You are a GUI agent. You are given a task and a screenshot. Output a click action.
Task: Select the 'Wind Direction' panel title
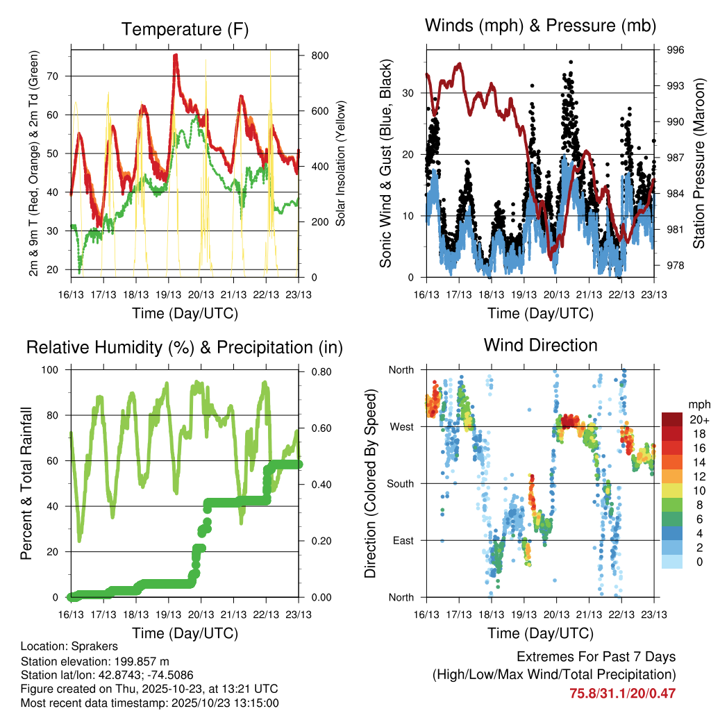coord(540,345)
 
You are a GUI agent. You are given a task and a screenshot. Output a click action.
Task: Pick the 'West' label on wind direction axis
coord(401,426)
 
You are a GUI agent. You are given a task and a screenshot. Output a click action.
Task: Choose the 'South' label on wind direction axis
coord(399,483)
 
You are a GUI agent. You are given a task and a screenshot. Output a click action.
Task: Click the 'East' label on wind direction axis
coord(401,540)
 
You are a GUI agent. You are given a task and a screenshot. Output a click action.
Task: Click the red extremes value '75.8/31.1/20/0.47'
coord(623,693)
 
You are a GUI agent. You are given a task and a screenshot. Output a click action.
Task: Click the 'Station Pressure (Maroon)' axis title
coord(700,164)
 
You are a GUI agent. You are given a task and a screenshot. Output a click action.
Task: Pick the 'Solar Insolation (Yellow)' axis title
coord(340,164)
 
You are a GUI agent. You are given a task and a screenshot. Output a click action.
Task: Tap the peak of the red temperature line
coord(176,55)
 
